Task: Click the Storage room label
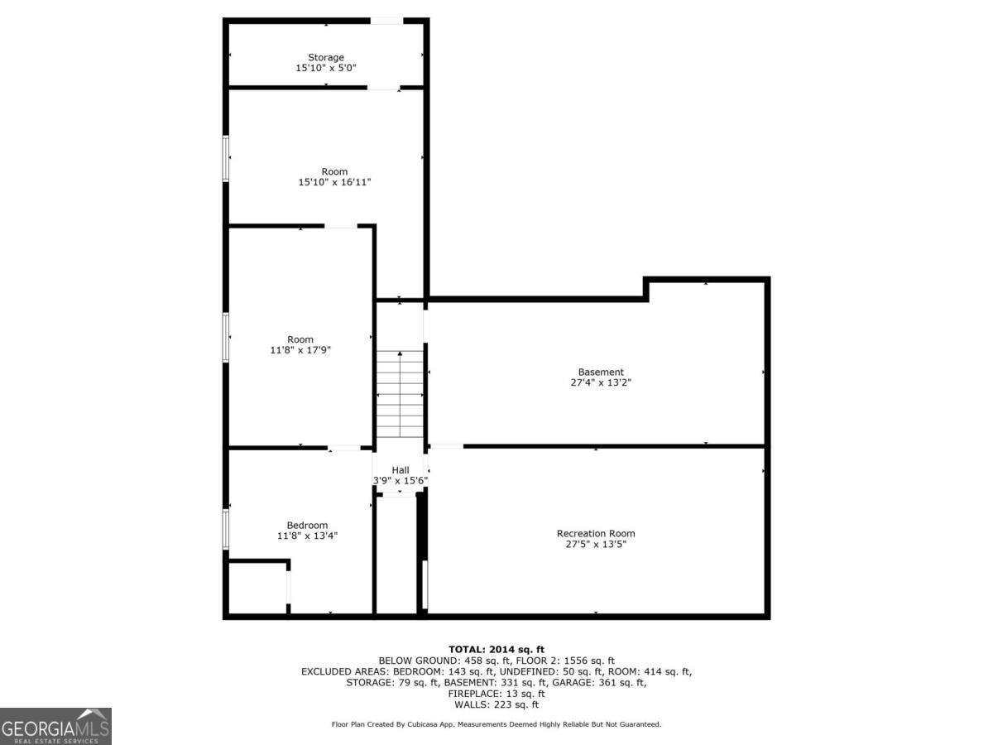326,57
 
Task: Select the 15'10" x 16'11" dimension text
334,182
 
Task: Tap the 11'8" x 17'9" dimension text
300,350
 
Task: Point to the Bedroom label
307,525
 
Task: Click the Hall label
401,469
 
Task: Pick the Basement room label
601,372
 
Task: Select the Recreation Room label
596,533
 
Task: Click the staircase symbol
401,397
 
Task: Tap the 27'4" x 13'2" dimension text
601,383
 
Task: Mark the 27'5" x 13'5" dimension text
596,545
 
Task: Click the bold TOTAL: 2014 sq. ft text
496,649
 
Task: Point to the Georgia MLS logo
55,726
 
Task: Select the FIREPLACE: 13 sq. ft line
496,694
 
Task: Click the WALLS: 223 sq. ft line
496,705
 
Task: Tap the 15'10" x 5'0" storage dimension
326,69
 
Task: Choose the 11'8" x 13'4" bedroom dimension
307,536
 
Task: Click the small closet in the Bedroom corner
257,589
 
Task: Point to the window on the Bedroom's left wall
226,528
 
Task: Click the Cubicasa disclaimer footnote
496,724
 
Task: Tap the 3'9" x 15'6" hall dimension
401,481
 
